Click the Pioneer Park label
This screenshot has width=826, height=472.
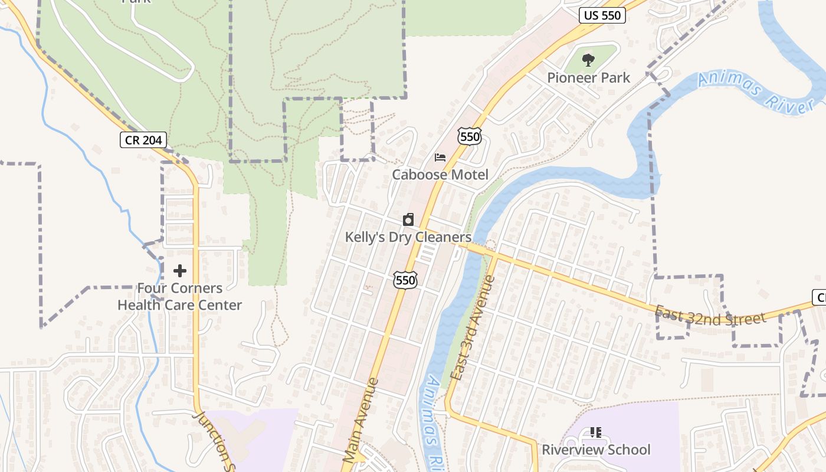coord(588,78)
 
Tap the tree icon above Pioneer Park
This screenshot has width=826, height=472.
coord(588,60)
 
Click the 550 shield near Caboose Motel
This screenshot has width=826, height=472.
coord(470,137)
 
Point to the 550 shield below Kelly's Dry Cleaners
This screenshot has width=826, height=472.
coord(406,280)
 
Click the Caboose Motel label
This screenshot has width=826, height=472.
coord(440,175)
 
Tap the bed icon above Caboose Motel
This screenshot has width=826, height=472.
coord(440,158)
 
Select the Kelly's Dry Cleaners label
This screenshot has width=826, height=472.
coord(408,237)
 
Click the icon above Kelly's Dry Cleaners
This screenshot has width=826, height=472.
coord(408,220)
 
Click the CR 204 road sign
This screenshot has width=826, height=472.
coord(143,140)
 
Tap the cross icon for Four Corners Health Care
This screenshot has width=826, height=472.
coord(180,271)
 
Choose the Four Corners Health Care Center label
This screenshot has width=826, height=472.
coord(180,297)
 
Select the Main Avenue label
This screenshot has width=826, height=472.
coord(361,419)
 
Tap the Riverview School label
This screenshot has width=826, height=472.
coord(596,450)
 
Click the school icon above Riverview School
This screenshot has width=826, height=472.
coord(596,432)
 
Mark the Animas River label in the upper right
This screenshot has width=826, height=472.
coord(756,93)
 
